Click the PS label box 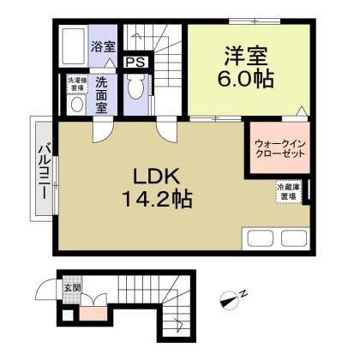(135, 62)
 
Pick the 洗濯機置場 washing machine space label (75, 82)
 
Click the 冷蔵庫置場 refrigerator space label (287, 190)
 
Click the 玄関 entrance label (73, 288)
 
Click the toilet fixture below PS (134, 88)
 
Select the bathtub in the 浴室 (75, 45)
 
